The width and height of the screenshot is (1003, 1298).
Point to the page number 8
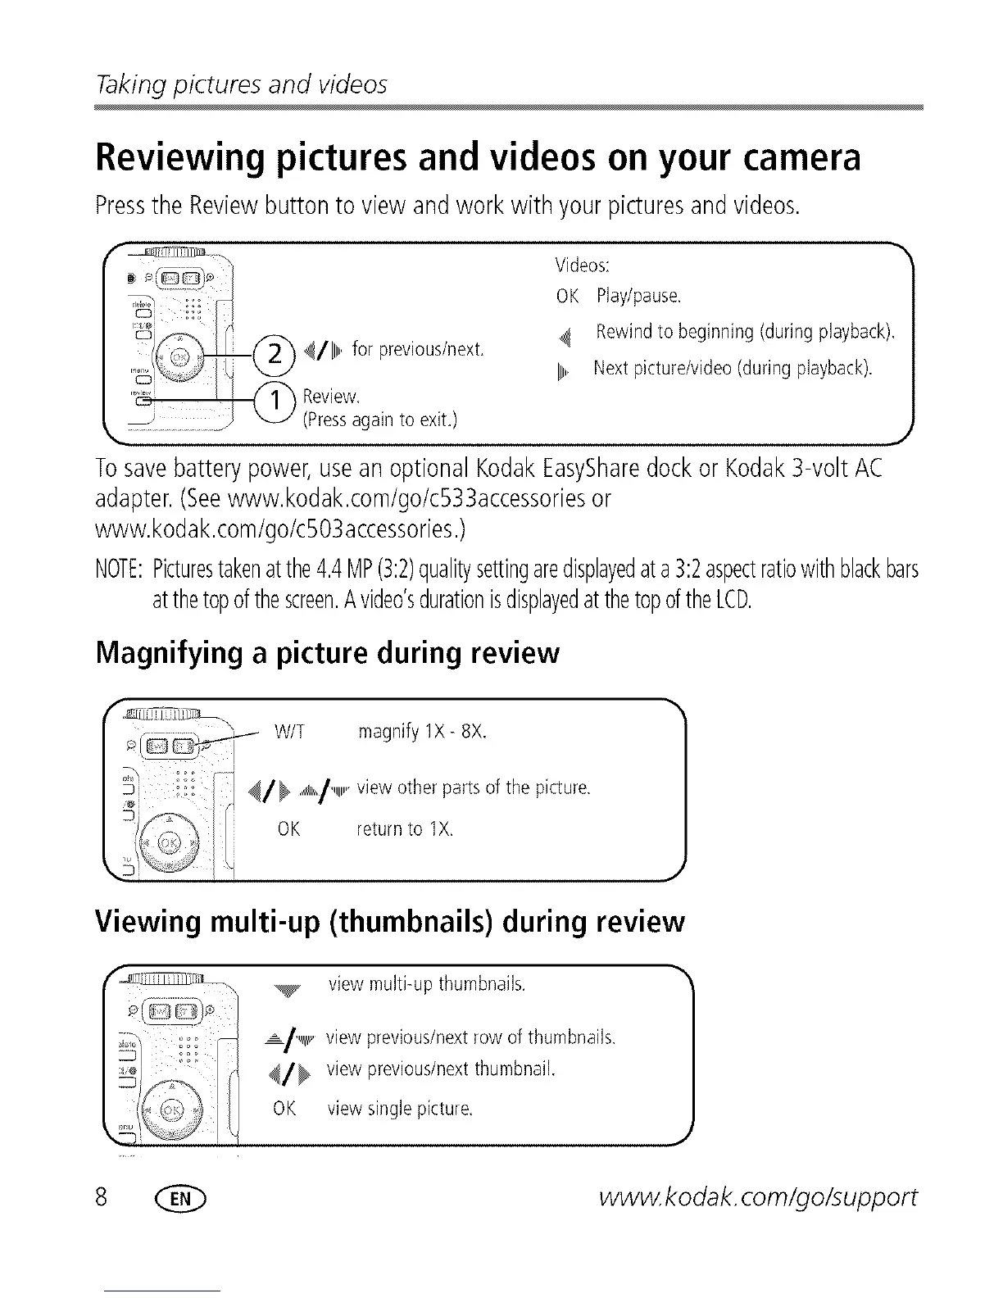pos(103,1198)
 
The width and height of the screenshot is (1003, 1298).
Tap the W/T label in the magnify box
pos(289,732)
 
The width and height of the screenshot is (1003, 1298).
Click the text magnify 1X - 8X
pos(422,732)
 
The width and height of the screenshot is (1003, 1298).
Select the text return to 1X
pos(404,829)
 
